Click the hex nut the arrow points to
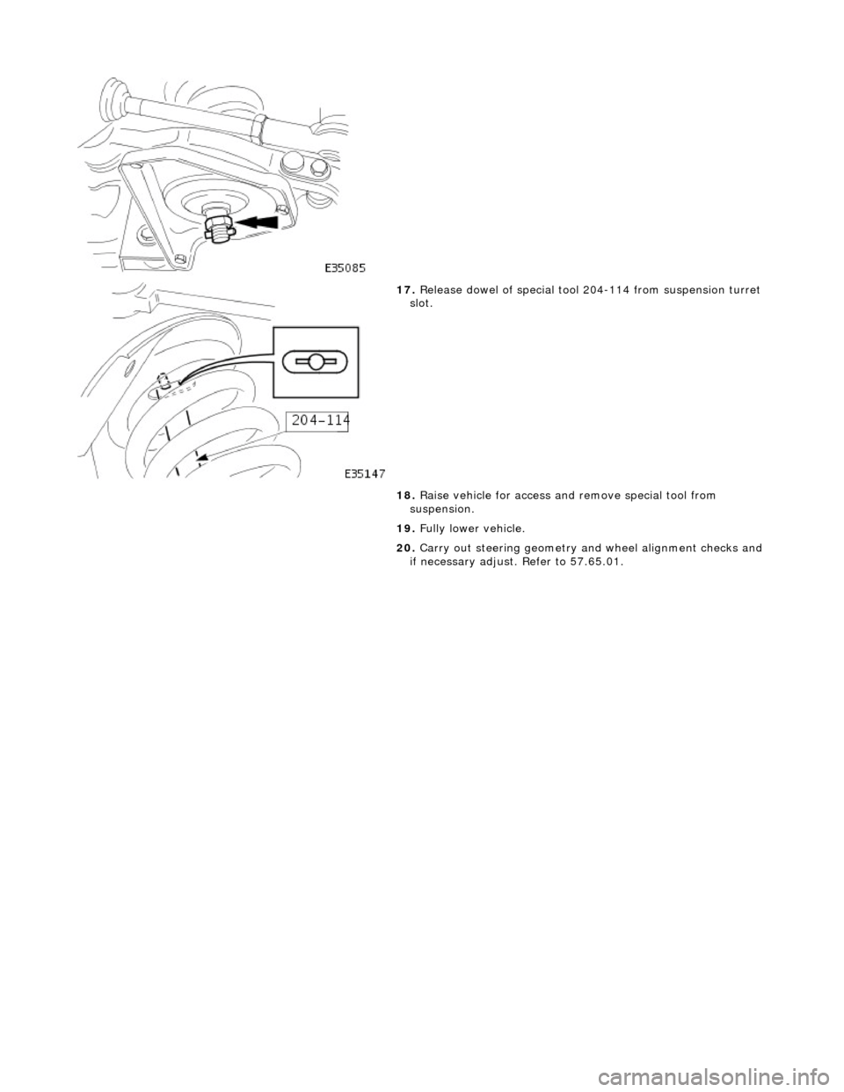(215, 227)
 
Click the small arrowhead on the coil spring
(202, 457)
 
